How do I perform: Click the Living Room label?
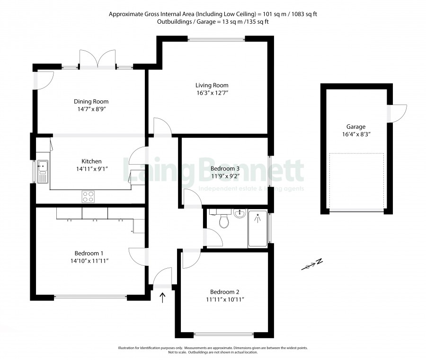pyautogui.click(x=212, y=85)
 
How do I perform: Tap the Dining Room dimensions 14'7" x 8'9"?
pyautogui.click(x=91, y=109)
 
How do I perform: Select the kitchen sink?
pyautogui.click(x=43, y=171)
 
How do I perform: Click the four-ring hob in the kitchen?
pyautogui.click(x=89, y=197)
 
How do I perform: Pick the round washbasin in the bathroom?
pyautogui.click(x=240, y=213)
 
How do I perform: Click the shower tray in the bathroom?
pyautogui.click(x=257, y=228)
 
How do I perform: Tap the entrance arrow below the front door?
pyautogui.click(x=162, y=298)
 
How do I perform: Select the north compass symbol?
pyautogui.click(x=312, y=264)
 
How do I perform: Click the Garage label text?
pyautogui.click(x=356, y=126)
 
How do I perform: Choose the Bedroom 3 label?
pyautogui.click(x=225, y=168)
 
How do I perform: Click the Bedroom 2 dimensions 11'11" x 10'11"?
pyautogui.click(x=225, y=299)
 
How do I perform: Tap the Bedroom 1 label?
pyautogui.click(x=89, y=253)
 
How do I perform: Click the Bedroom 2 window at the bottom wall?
pyautogui.click(x=224, y=334)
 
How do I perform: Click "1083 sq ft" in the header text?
pyautogui.click(x=304, y=14)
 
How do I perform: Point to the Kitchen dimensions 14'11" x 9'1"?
pyautogui.click(x=92, y=169)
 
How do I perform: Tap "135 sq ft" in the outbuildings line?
pyautogui.click(x=257, y=22)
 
